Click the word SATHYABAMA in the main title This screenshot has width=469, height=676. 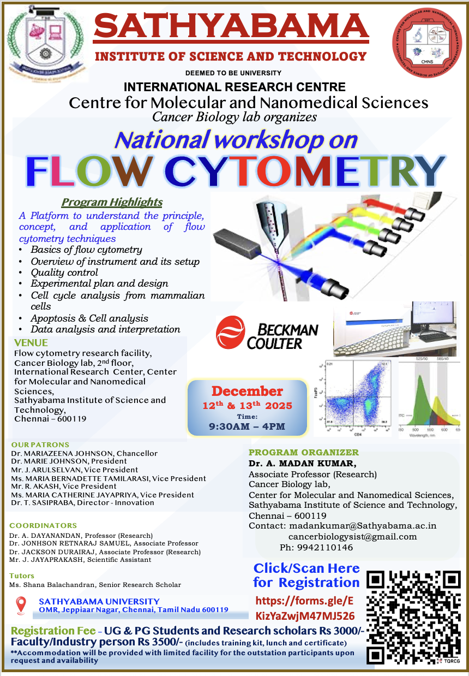[232, 27]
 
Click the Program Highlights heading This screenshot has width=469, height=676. [112, 203]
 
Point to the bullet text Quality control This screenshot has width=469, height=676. [64, 272]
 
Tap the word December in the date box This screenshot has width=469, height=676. [247, 392]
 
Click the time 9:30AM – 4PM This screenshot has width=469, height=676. [248, 426]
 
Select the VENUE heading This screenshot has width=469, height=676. [31, 343]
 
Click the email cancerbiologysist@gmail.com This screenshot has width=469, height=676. [352, 537]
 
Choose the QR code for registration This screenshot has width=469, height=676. [413, 617]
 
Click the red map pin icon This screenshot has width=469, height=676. [21, 605]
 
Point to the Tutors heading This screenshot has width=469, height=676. [22, 576]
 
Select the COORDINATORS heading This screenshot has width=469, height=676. [43, 525]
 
